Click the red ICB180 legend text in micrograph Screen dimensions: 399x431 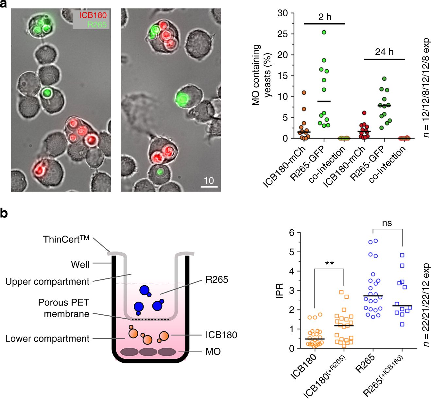pyautogui.click(x=93, y=15)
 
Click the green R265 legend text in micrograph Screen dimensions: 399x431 pyautogui.click(x=97, y=25)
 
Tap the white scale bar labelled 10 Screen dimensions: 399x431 pyautogui.click(x=209, y=187)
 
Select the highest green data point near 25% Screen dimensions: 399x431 pyautogui.click(x=324, y=32)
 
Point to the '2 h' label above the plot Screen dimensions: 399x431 pyautogui.click(x=324, y=17)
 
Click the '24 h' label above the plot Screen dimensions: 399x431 pyautogui.click(x=384, y=52)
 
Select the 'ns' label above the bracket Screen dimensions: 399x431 pyautogui.click(x=387, y=223)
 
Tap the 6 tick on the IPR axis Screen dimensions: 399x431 pyautogui.click(x=291, y=233)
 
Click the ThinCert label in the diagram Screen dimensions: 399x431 pyautogui.click(x=66, y=239)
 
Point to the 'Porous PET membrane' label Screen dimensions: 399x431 pyautogui.click(x=64, y=308)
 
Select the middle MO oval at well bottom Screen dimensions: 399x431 pyautogui.click(x=148, y=352)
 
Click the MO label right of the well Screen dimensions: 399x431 pyautogui.click(x=213, y=352)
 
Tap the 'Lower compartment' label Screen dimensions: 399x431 pyautogui.click(x=47, y=339)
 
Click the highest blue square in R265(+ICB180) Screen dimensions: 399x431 pyautogui.click(x=402, y=255)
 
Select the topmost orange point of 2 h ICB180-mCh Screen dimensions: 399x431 pyautogui.click(x=303, y=93)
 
